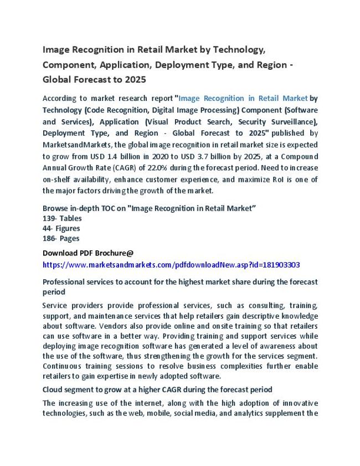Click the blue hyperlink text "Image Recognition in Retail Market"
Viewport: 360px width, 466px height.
(243, 98)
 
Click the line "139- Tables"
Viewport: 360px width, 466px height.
(62, 218)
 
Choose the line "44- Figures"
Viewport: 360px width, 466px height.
(61, 228)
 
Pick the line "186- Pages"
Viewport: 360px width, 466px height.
(60, 238)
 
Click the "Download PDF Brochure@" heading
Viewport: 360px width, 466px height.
(88, 253)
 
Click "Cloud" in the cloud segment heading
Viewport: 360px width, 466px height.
(53, 390)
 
